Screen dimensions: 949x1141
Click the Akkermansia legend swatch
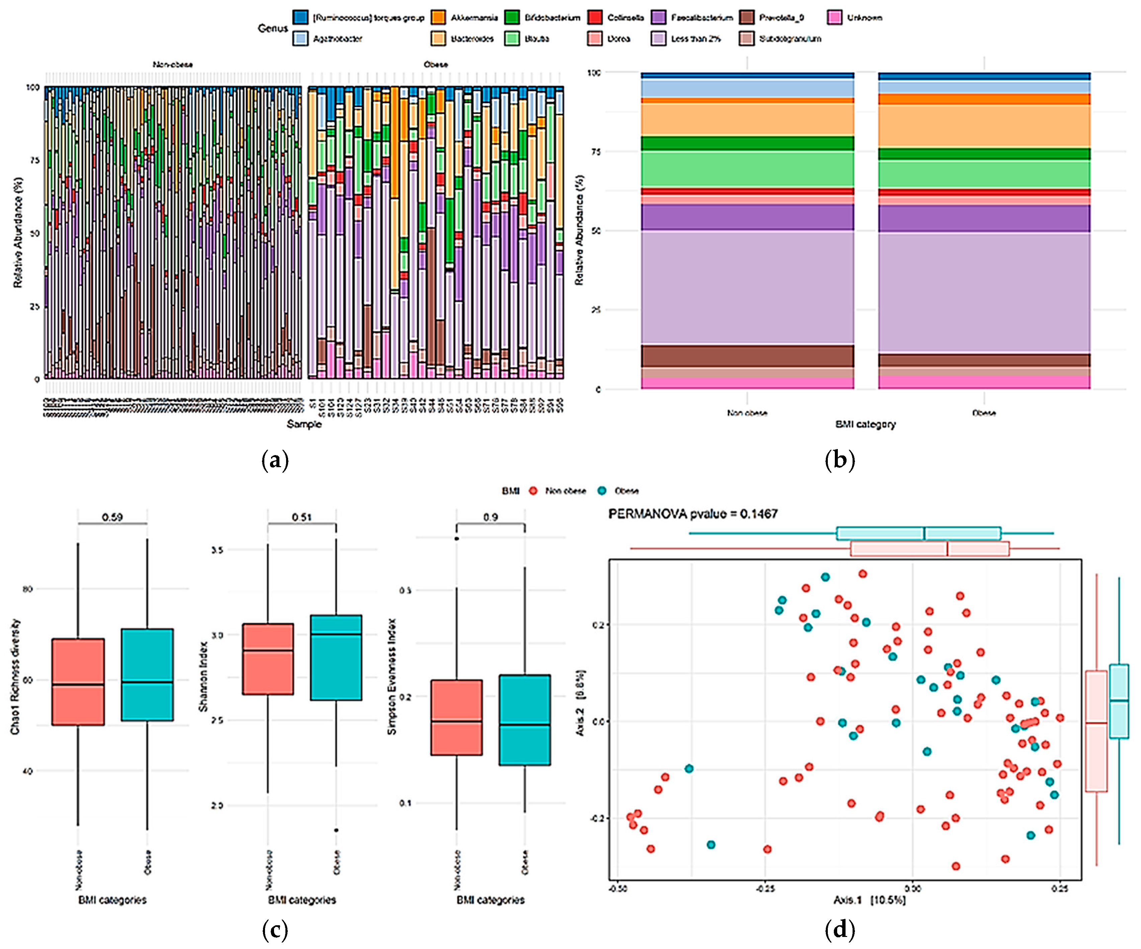coord(438,17)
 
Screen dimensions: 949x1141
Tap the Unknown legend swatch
coord(834,17)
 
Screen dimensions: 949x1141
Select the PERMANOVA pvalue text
coord(693,514)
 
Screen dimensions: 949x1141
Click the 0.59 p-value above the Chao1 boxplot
coord(112,517)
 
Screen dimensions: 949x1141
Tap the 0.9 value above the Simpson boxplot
coord(491,517)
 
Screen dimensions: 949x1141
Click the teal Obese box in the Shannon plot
coord(336,657)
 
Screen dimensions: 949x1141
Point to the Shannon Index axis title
coord(203,676)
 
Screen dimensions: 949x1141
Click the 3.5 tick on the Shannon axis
coord(217,550)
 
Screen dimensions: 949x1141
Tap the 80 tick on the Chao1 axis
coord(28,589)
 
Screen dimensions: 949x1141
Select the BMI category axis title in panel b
coord(866,424)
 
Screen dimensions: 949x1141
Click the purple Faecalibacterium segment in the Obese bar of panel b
coord(984,219)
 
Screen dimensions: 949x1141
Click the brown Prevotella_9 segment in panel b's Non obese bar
coord(747,356)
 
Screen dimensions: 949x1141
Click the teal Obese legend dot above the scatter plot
coord(602,491)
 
